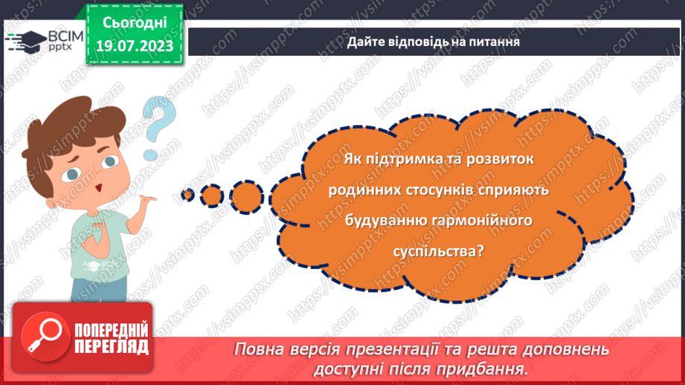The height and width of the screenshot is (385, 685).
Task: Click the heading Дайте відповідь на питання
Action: tap(432, 42)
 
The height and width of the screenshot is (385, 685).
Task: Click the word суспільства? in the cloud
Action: tap(439, 251)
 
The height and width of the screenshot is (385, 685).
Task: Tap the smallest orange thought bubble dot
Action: tap(187, 195)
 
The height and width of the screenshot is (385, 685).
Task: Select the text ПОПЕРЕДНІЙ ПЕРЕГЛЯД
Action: tap(111, 338)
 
